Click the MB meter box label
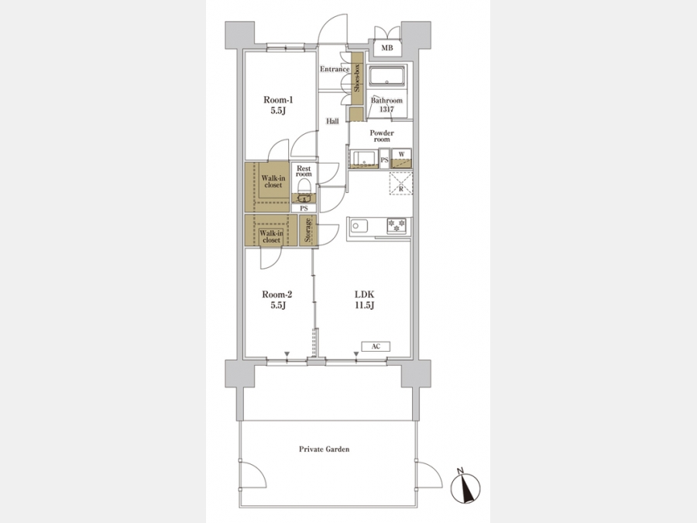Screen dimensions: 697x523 [386, 47]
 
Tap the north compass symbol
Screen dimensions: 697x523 [465, 487]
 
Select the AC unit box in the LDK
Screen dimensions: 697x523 [376, 346]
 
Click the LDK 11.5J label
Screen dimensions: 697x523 [365, 300]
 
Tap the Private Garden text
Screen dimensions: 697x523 [324, 449]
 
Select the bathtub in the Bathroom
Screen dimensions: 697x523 [386, 77]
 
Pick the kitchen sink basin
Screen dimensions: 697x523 [359, 226]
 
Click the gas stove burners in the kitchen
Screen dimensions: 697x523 [397, 225]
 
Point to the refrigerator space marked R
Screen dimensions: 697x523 [401, 183]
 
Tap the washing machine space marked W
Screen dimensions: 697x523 [401, 158]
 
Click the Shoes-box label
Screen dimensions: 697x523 [357, 77]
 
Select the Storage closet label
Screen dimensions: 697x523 [307, 230]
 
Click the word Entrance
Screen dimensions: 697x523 [335, 69]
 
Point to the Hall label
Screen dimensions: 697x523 [332, 121]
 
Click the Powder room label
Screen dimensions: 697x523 [382, 136]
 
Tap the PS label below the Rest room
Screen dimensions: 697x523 [304, 208]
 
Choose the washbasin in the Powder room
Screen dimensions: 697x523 [364, 158]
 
